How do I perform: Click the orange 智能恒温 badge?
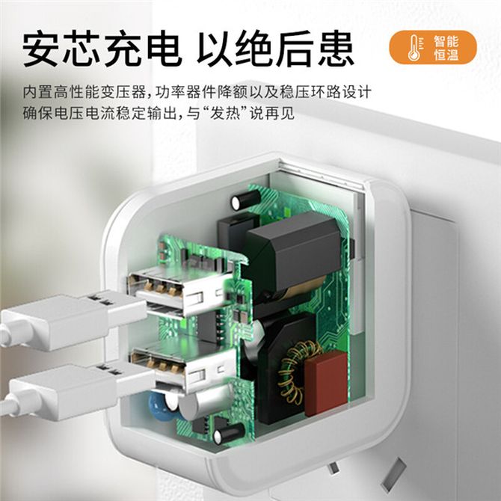click(x=433, y=47)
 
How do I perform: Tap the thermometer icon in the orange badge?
click(x=414, y=48)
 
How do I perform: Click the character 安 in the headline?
click(x=41, y=48)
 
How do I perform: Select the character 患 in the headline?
click(x=336, y=48)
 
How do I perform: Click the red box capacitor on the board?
click(x=326, y=383)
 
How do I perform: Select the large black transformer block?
click(x=292, y=249)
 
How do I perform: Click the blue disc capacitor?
click(x=162, y=407)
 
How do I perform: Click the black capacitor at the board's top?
click(x=246, y=200)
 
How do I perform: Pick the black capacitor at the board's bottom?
click(x=229, y=434)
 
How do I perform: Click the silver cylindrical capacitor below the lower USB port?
click(x=204, y=403)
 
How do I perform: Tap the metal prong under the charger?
click(x=393, y=475)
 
